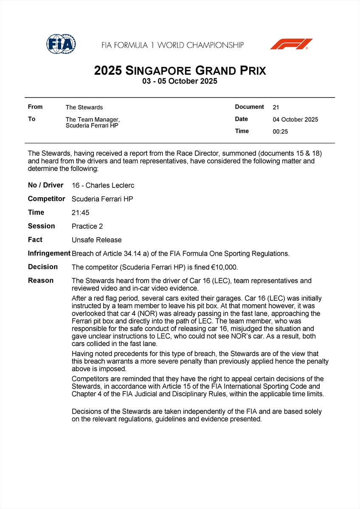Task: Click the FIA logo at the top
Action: (61, 44)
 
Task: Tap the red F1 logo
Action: (291, 44)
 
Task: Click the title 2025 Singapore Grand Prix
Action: (180, 70)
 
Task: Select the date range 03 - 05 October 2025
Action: (180, 81)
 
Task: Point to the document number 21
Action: (276, 107)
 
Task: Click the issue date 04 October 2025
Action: (295, 120)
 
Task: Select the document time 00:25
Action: (280, 131)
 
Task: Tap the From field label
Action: (35, 107)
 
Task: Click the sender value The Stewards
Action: (84, 107)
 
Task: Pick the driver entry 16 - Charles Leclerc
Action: (103, 185)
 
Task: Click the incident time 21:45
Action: (80, 213)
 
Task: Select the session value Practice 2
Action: (87, 226)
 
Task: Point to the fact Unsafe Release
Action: (96, 240)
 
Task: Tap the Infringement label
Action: (49, 253)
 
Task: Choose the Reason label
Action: (41, 280)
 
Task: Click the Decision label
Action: (42, 267)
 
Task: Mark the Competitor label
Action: (46, 199)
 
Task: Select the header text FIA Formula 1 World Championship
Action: (172, 45)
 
